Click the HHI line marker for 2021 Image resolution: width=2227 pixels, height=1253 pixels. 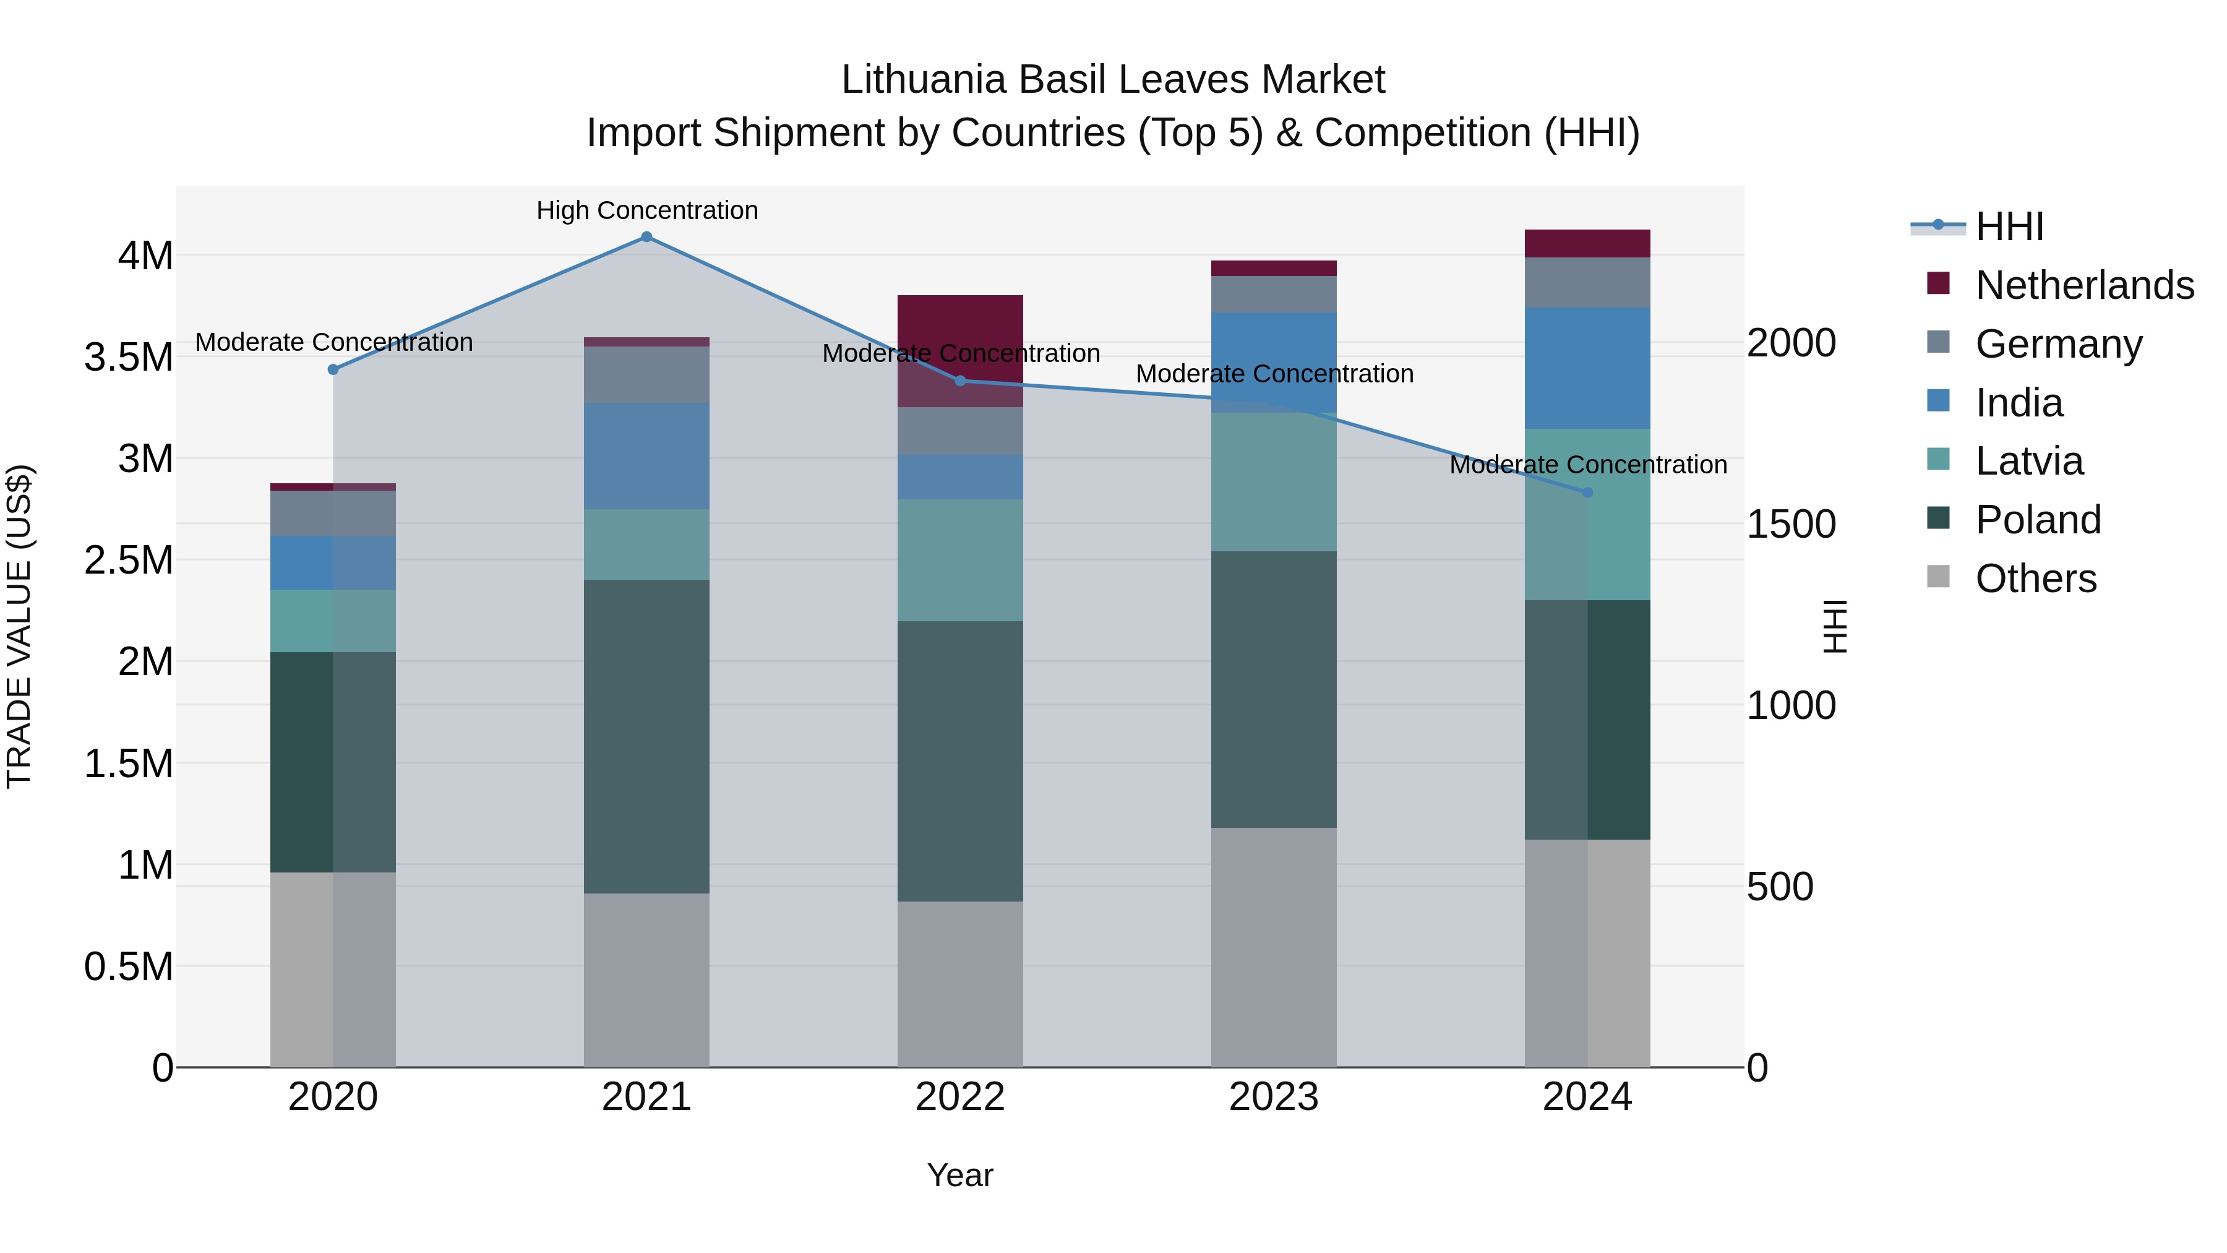pos(646,237)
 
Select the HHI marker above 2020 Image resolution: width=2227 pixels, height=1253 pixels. pos(333,369)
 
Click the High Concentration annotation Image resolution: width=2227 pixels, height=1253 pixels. pos(646,210)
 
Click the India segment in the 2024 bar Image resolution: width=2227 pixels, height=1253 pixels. pos(1587,368)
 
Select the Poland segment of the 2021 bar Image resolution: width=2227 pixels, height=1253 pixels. pos(646,735)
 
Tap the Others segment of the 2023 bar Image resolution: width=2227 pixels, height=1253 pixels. pos(1274,947)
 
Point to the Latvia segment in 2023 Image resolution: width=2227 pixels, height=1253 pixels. pos(1274,481)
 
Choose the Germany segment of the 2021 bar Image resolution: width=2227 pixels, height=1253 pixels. pos(646,374)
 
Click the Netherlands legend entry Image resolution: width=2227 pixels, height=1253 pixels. pos(2083,285)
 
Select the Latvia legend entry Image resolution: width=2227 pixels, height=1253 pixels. pos(2028,461)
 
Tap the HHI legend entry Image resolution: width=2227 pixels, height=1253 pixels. pos(2008,226)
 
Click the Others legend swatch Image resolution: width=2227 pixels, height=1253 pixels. pos(1938,577)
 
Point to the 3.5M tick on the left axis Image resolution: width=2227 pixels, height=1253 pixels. pos(129,357)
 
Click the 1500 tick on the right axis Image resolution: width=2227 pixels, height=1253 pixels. pos(1791,524)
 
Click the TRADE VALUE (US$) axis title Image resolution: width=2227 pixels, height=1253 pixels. pos(19,626)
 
